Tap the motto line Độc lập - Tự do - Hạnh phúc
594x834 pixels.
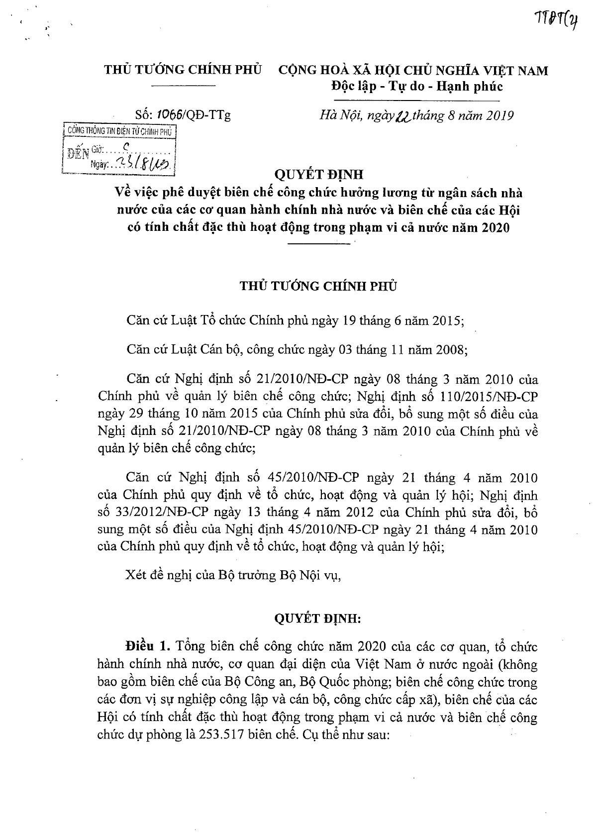[417, 87]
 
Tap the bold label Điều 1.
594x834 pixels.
[148, 647]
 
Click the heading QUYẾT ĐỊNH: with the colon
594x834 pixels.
[318, 619]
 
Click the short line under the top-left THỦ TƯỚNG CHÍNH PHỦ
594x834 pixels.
[183, 87]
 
